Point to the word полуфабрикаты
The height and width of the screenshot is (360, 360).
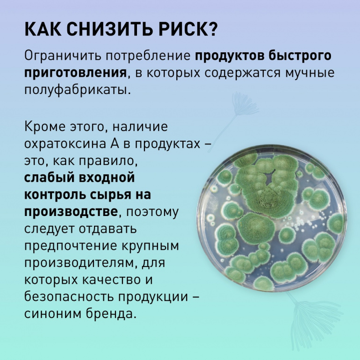pos(78,90)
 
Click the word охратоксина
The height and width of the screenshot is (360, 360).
pos(65,144)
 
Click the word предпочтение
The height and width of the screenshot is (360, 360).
pos(71,246)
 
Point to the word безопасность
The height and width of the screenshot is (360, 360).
pos(69,296)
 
